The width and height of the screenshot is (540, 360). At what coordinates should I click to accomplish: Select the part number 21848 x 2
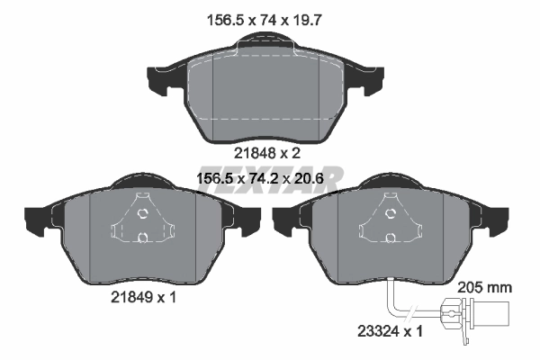pos(265,152)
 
